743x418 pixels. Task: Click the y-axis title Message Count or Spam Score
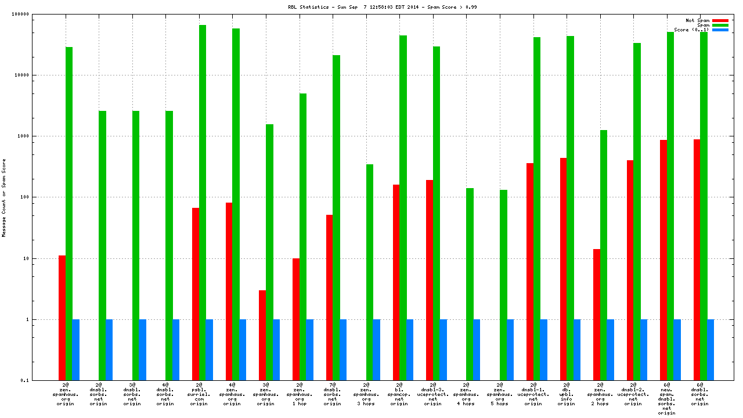(x=4, y=197)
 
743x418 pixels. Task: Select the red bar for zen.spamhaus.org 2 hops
(x=597, y=314)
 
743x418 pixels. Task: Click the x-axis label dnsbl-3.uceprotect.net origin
(x=433, y=394)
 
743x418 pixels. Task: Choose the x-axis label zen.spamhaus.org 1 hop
(x=300, y=394)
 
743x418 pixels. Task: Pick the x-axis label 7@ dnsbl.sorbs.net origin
(x=333, y=394)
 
